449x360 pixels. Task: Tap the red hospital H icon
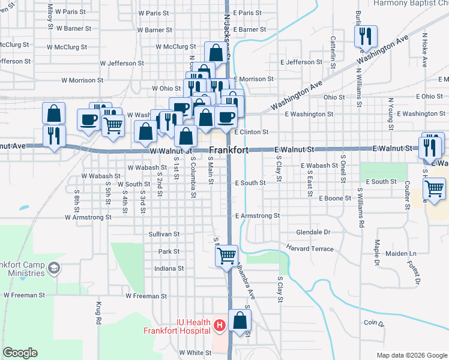click(x=220, y=326)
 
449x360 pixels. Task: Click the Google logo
click(x=20, y=353)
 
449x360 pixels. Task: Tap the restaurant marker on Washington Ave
click(x=364, y=37)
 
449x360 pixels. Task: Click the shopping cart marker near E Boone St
click(x=434, y=189)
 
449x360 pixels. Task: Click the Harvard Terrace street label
click(x=310, y=248)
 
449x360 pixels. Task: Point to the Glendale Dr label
click(x=313, y=232)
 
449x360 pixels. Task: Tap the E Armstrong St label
click(x=258, y=215)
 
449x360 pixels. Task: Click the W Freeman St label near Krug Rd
click(x=146, y=296)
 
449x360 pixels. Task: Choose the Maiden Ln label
click(x=396, y=254)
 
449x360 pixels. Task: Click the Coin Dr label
click(x=373, y=323)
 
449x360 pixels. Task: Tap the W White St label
click(x=195, y=353)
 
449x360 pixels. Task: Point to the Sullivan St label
click(x=165, y=234)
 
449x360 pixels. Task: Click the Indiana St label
click(x=169, y=269)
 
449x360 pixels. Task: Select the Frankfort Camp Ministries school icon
click(x=54, y=267)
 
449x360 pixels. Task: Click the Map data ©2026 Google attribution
click(x=412, y=355)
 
